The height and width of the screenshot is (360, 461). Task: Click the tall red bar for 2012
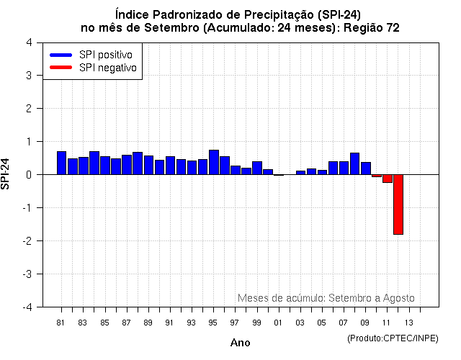(398, 204)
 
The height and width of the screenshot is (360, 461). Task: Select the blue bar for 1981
(61, 163)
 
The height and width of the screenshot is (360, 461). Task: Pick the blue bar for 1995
(213, 162)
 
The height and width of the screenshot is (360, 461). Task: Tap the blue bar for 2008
(354, 163)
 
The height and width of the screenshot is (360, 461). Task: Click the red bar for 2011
(387, 179)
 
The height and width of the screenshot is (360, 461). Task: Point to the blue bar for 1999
(256, 168)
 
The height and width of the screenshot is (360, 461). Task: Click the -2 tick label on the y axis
(27, 241)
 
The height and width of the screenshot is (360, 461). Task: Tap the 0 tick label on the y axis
(28, 175)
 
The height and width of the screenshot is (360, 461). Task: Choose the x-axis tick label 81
(61, 323)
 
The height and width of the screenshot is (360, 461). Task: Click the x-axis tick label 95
(213, 323)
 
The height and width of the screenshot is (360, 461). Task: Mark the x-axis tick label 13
(408, 323)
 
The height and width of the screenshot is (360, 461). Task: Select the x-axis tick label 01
(278, 323)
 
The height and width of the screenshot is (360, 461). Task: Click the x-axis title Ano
(240, 343)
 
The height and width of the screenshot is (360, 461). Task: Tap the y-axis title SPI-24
(6, 174)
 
